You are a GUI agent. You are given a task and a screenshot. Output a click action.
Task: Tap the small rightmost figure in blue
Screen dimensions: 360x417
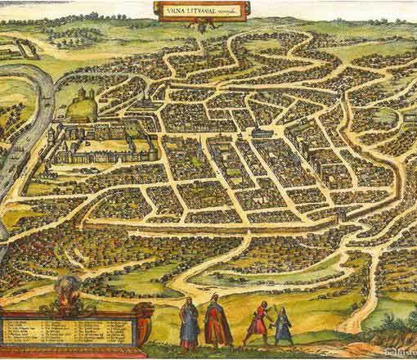pyautogui.click(x=283, y=326)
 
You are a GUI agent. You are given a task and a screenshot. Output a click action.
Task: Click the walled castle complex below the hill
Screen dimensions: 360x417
pyautogui.click(x=106, y=147)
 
